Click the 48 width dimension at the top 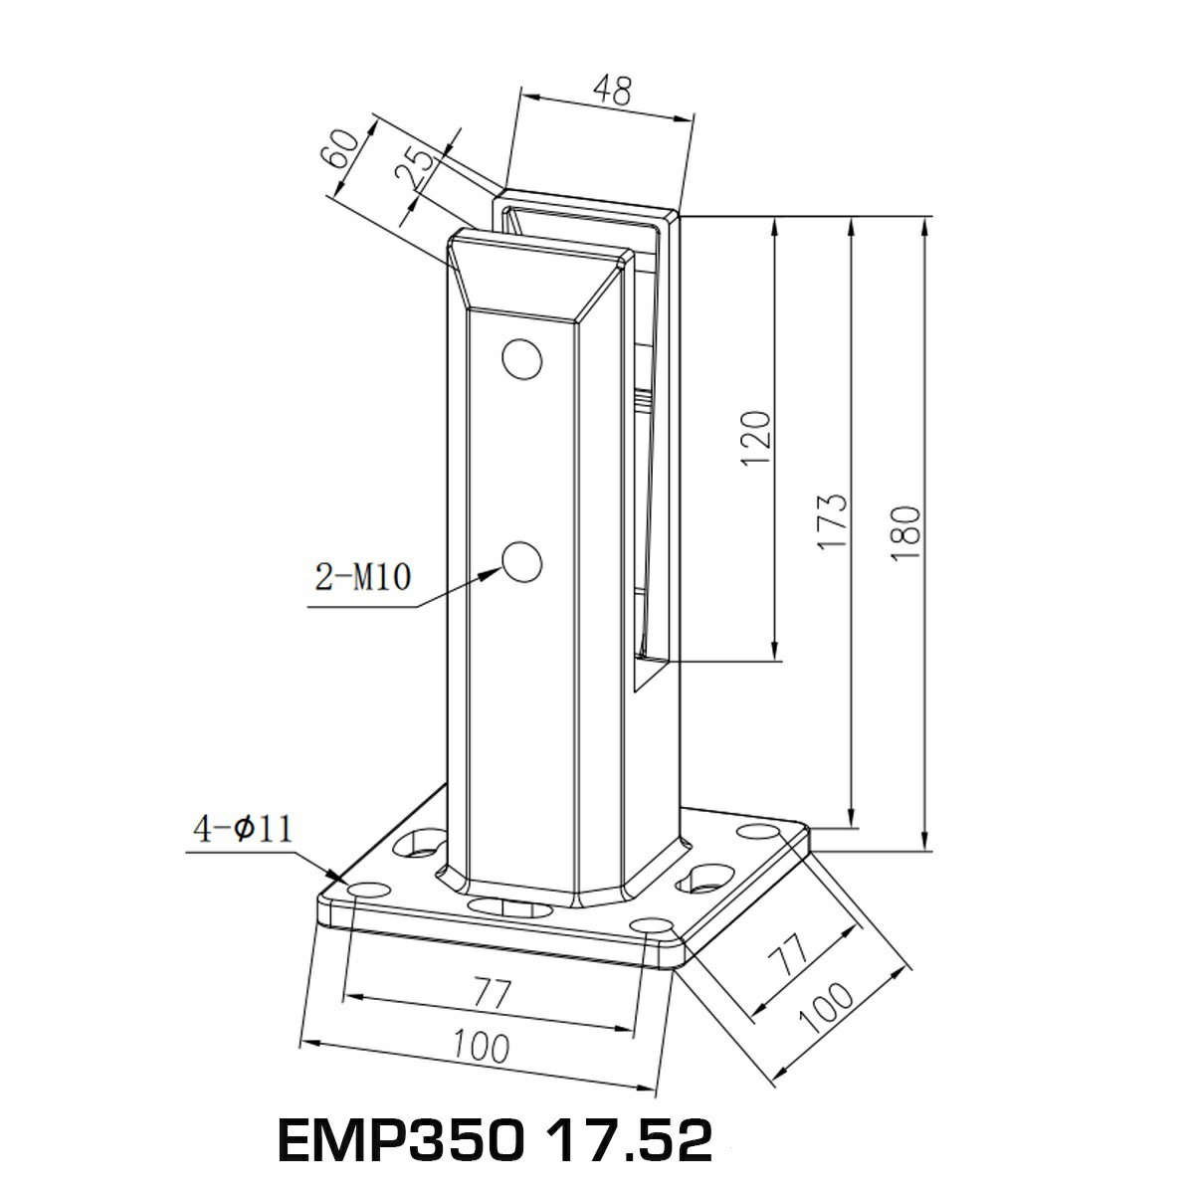(x=612, y=92)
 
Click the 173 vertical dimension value (x=834, y=519)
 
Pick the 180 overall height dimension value (x=907, y=532)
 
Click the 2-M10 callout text (x=362, y=577)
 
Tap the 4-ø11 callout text (x=243, y=829)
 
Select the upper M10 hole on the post (x=521, y=359)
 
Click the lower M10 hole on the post (x=521, y=563)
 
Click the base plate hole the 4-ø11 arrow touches (x=365, y=889)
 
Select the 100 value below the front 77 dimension (x=481, y=1046)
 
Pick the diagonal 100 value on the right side (x=825, y=1009)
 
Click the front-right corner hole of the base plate (x=652, y=927)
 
